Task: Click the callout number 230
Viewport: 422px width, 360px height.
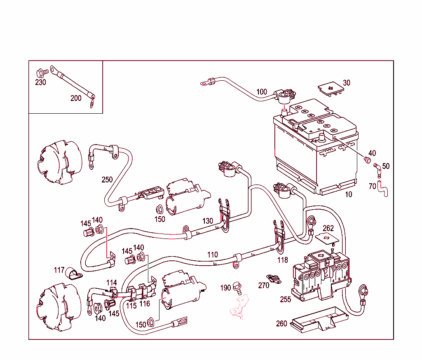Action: point(40,82)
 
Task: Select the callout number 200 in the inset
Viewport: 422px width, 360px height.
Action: point(76,98)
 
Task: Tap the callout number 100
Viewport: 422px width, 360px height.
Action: point(262,91)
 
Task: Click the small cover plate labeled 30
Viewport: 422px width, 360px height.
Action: point(331,88)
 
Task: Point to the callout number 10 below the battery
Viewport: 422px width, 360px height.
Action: point(349,194)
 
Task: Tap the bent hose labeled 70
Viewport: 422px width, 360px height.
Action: point(384,191)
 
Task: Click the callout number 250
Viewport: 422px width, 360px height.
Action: point(107,180)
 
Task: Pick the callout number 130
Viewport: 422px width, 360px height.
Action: point(208,221)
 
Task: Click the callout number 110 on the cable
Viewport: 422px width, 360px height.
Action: point(212,255)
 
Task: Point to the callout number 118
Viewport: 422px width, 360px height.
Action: point(282,260)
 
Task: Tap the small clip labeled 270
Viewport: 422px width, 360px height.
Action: point(273,279)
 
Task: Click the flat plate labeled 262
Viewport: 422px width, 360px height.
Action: point(327,238)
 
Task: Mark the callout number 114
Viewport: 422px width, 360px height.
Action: point(112,283)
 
